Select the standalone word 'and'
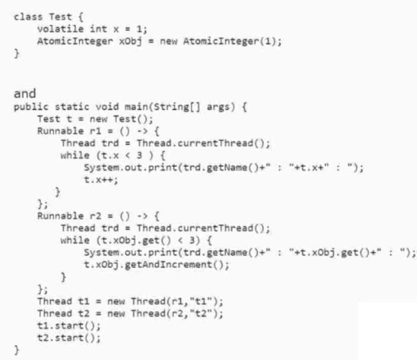click(25, 93)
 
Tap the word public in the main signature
click(28, 107)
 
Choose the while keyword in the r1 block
click(73, 155)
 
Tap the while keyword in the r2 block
click(73, 240)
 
